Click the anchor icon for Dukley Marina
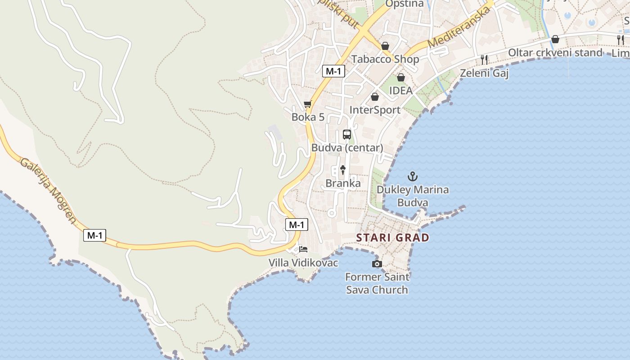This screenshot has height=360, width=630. (412, 176)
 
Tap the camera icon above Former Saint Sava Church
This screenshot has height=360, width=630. (377, 264)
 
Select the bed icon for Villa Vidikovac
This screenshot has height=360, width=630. (303, 249)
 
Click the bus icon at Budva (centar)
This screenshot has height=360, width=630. (347, 134)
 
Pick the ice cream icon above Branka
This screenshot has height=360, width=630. (343, 170)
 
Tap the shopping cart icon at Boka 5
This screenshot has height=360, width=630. (308, 104)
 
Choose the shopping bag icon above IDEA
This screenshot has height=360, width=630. (400, 77)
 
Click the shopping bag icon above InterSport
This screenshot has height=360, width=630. (375, 97)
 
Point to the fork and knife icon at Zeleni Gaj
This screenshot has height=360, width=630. (484, 59)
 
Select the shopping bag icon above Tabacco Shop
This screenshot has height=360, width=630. (385, 46)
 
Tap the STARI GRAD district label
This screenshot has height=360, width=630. (393, 238)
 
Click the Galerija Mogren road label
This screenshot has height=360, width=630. (48, 190)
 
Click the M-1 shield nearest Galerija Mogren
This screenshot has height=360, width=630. (94, 235)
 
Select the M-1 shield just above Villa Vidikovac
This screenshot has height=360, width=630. (297, 225)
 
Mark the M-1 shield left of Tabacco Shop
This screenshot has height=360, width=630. (333, 71)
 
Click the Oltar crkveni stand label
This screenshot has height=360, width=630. (555, 53)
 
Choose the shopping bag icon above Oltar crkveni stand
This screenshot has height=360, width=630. (555, 39)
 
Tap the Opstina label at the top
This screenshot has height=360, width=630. (405, 4)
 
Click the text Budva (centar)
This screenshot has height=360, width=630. (347, 148)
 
